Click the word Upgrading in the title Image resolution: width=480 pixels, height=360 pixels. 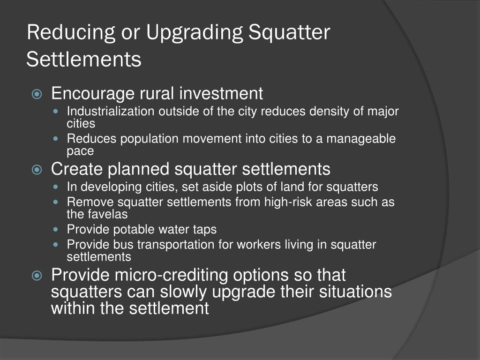195,33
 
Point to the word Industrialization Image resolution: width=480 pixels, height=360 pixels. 111,112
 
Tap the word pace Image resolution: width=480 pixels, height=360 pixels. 80,151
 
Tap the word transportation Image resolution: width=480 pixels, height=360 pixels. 175,245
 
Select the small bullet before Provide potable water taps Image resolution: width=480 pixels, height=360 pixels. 58,230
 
